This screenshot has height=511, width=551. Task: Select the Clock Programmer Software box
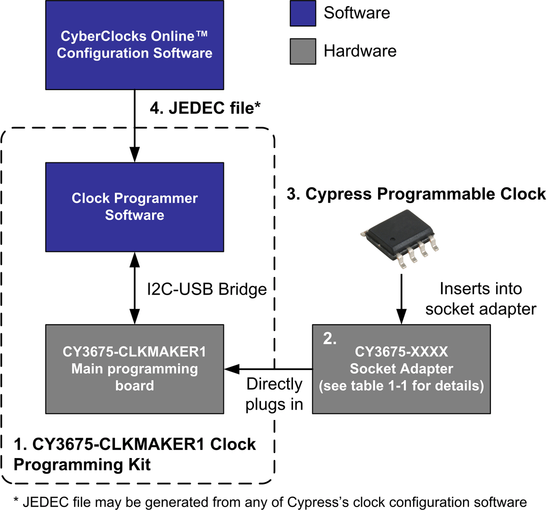(134, 207)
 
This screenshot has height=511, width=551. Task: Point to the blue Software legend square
(303, 13)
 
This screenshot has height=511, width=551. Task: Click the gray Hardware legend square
(303, 51)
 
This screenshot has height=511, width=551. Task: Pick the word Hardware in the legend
(360, 51)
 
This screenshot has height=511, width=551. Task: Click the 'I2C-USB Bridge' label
(206, 289)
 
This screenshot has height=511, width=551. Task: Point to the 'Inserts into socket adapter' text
(480, 298)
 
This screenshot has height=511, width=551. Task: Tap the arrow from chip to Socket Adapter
(401, 298)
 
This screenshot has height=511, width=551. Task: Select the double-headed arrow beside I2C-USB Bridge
(134, 288)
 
